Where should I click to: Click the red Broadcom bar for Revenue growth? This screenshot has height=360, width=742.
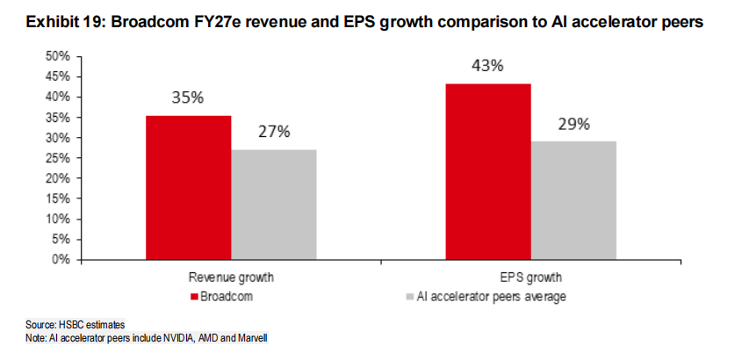(188, 187)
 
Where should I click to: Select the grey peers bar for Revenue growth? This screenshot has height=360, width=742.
(274, 204)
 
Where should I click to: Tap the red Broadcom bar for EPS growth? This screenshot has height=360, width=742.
(488, 171)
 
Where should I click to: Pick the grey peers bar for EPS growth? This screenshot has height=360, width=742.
(573, 200)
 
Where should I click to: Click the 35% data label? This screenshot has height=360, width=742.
(188, 97)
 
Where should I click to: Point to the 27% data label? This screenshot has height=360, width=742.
(273, 132)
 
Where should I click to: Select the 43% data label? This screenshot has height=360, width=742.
(488, 66)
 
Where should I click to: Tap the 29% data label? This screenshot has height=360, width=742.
(573, 124)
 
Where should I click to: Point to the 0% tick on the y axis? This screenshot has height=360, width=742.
(61, 260)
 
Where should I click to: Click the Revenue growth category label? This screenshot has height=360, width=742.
(231, 278)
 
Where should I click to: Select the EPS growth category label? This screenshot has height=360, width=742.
(531, 278)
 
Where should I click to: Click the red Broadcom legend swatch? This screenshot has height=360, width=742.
(195, 297)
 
